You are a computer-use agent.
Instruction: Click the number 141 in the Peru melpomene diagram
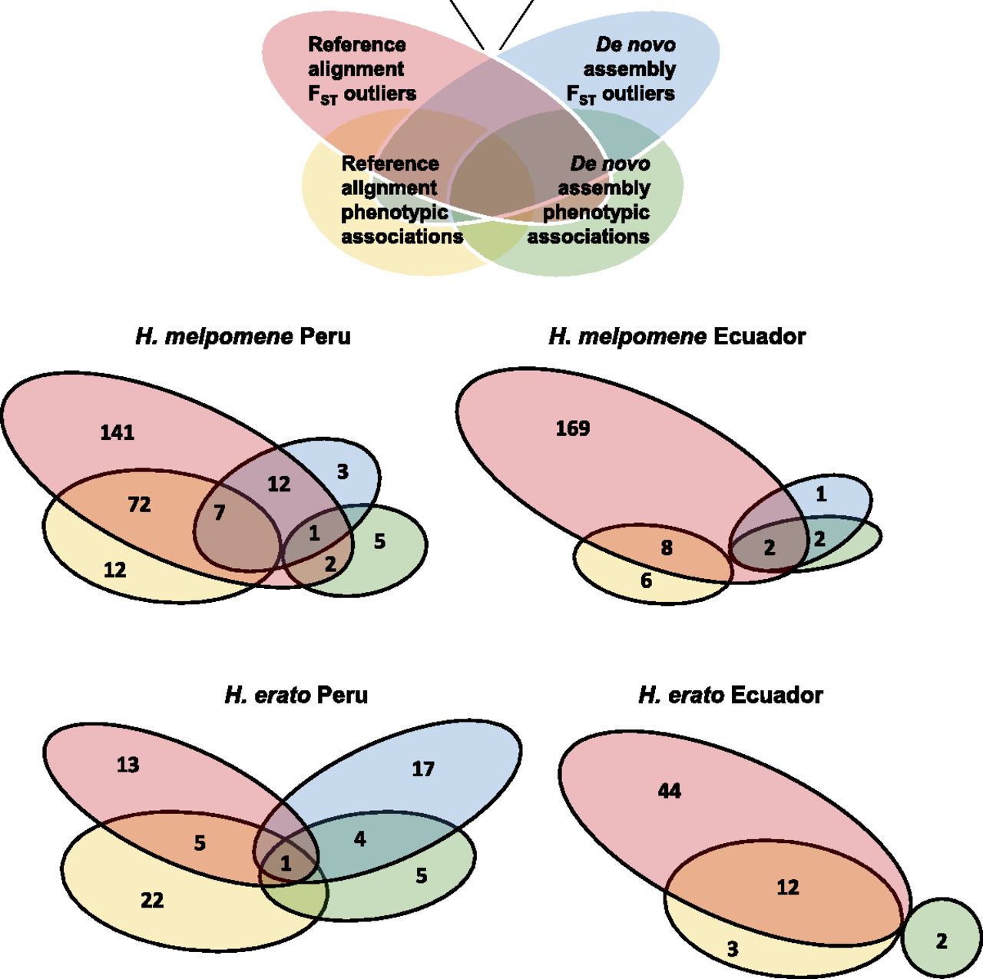point(117,432)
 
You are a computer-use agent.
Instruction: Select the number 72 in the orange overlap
point(139,504)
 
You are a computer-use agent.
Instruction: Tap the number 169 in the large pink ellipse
point(573,428)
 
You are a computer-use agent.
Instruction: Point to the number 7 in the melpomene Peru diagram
point(220,512)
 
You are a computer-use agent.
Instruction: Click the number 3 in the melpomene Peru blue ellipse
point(343,471)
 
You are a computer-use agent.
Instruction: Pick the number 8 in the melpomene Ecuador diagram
point(667,547)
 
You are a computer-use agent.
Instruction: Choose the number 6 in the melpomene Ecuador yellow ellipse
point(646,580)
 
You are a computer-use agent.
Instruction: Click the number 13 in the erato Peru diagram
point(128,765)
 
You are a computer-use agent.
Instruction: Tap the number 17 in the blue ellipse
point(423,769)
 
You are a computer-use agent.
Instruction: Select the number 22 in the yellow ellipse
point(152,900)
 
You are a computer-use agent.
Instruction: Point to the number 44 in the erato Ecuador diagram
point(670,791)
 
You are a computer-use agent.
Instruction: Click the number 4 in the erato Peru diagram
point(359,838)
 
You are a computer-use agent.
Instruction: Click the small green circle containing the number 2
point(942,941)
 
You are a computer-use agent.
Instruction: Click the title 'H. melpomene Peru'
point(243,336)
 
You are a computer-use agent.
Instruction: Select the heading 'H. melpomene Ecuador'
point(677,336)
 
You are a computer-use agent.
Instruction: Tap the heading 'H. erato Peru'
point(296,695)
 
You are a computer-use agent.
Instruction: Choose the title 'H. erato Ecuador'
point(730,695)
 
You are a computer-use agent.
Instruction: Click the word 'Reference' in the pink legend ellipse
point(356,45)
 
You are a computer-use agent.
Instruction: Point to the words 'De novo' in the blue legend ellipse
point(636,45)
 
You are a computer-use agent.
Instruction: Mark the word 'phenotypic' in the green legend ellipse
point(596,212)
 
